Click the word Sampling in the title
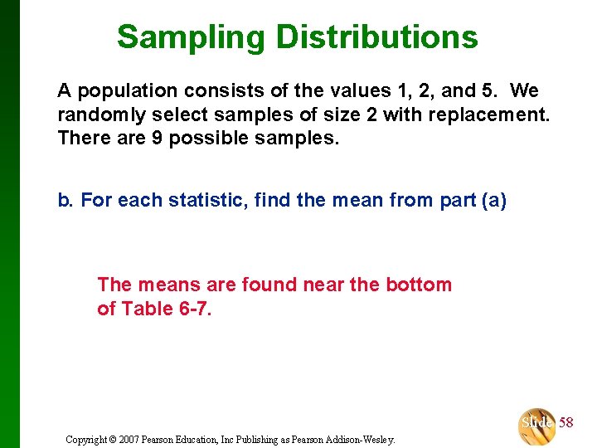point(191,37)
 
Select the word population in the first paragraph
point(119,90)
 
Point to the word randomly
point(99,114)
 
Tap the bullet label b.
point(65,200)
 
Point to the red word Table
point(143,309)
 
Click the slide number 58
point(565,423)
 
